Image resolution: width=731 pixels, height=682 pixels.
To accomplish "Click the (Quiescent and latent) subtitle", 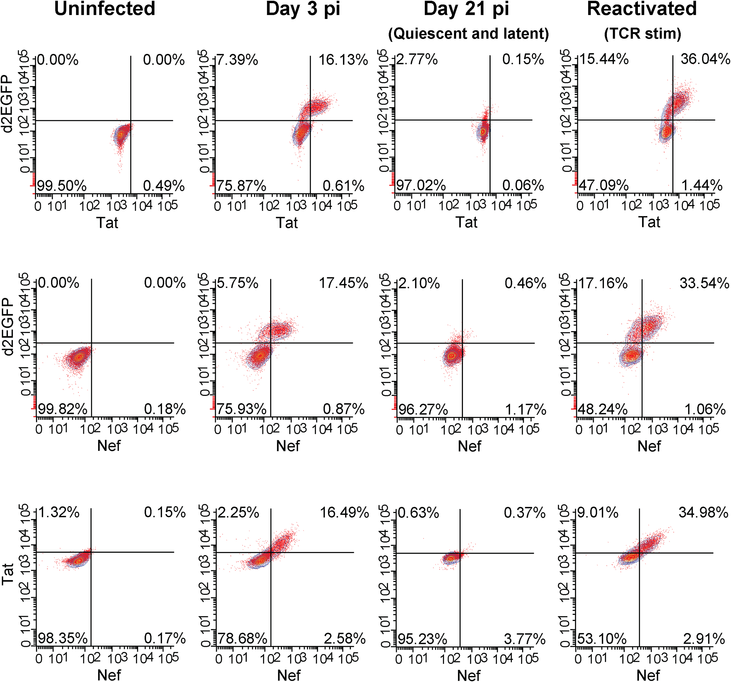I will pyautogui.click(x=468, y=34).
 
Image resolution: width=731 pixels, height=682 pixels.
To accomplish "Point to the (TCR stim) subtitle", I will pyautogui.click(x=642, y=34).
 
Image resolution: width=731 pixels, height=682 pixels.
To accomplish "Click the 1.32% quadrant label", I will pyautogui.click(x=59, y=512).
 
